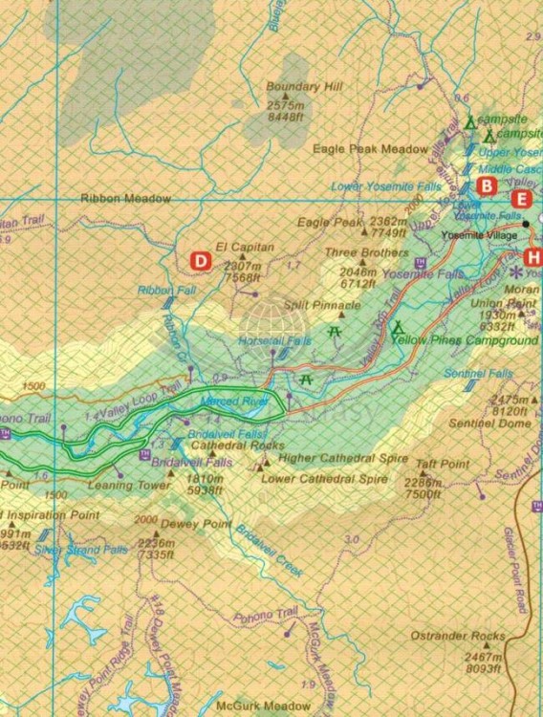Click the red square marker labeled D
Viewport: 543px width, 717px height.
[201, 260]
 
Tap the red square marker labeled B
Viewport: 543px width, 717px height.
[487, 185]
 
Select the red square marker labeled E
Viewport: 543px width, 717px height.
[521, 200]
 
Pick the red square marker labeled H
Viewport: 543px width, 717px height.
[532, 257]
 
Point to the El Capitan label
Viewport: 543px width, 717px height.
[246, 247]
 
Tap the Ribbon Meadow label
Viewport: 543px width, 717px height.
[125, 199]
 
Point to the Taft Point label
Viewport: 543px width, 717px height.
[442, 464]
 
